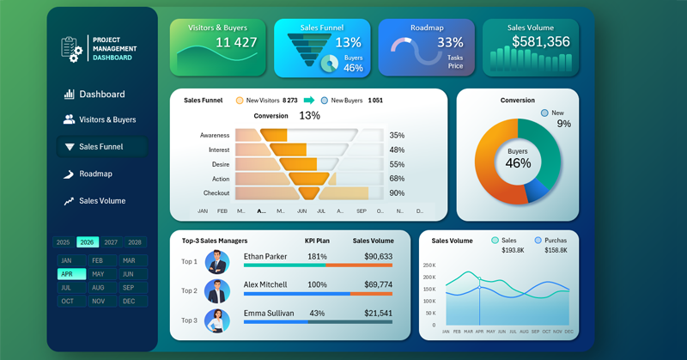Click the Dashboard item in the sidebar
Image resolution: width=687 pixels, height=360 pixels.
pos(101,95)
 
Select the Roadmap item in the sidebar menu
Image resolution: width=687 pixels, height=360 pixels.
pos(95,174)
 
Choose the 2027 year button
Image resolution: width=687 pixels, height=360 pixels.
pos(111,242)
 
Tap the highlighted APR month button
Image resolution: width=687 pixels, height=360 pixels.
pos(66,274)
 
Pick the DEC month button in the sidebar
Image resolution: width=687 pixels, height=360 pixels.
pos(129,302)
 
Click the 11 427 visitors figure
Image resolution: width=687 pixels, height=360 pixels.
pos(236,43)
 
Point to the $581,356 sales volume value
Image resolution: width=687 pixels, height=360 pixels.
pos(541,42)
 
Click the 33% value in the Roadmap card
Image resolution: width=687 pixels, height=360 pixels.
pos(450,42)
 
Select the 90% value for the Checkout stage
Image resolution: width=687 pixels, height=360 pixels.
pos(397,193)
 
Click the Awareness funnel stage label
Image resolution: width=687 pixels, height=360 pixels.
pos(215,136)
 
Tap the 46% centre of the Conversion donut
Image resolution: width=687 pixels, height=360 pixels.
pos(518,163)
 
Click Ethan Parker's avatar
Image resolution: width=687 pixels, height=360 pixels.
pos(217,262)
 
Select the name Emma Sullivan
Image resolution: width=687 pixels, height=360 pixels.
pos(269,314)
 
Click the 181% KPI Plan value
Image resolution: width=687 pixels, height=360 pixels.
pos(317,257)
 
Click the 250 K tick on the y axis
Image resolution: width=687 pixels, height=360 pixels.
pos(429,265)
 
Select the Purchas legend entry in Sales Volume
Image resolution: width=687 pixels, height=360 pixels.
pos(555,241)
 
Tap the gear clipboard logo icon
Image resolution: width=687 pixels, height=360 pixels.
pos(71,48)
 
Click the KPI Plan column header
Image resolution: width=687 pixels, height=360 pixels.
pos(317,241)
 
